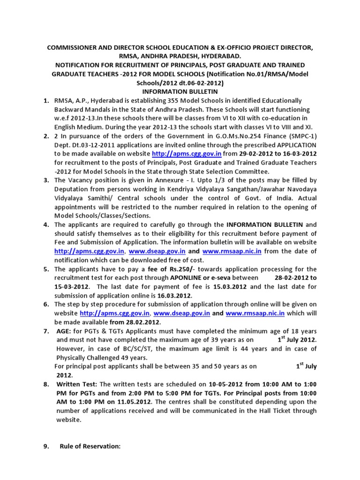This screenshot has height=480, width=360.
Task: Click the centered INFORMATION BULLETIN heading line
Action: [180, 91]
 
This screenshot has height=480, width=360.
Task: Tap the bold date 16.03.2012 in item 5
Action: [175, 295]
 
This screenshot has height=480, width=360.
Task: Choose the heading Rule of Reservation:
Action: [90, 446]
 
